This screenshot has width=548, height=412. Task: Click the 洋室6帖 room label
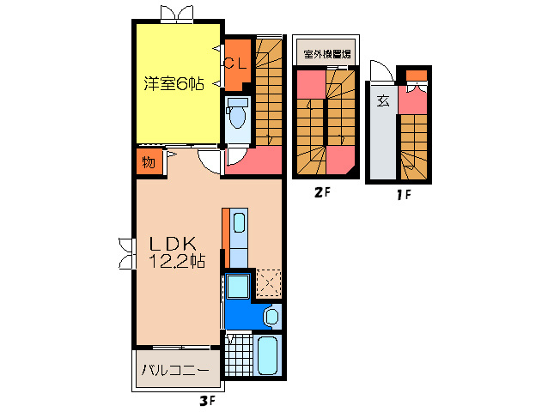173,84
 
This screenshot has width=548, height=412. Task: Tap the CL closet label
235,63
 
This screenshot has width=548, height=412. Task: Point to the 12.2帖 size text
176,262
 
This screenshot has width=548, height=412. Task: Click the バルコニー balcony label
175,372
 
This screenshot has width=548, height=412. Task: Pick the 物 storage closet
147,161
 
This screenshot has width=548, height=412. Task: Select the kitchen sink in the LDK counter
239,225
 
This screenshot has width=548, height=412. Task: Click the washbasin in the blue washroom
271,316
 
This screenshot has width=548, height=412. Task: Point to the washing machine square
236,287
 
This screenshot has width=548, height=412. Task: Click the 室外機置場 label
328,54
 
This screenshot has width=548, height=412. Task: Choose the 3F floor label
206,401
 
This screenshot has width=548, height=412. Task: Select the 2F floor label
321,193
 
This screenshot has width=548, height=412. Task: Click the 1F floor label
403,194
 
